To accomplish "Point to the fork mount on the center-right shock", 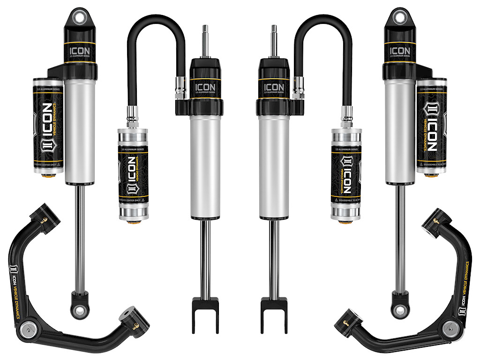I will [274, 316].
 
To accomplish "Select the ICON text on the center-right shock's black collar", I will [274, 87].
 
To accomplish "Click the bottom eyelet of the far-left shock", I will [80, 309].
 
